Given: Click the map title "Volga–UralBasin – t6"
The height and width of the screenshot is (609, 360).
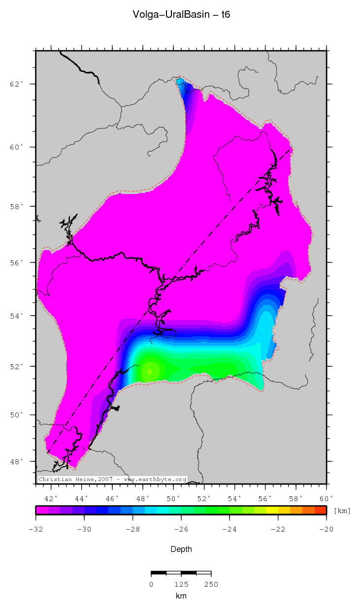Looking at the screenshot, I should point(181,15).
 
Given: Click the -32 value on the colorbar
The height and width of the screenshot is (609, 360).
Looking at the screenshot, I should point(35,529).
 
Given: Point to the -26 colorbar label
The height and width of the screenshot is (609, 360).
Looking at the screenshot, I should point(181,529).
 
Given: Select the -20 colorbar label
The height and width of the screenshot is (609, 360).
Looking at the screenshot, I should point(327,529).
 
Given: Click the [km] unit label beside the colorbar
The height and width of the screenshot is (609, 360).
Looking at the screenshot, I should point(342,511).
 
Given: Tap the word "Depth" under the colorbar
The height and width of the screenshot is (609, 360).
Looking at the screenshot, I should point(181,549).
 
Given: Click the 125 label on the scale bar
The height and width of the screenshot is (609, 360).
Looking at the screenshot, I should point(181,584).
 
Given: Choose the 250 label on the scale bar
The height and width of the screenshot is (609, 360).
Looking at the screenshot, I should point(211,584).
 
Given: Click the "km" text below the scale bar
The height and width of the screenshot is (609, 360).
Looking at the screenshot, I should point(181,596).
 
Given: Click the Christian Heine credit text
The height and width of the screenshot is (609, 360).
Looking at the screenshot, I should point(112,479).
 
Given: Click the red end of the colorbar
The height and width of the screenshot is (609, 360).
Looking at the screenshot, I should point(321,511).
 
